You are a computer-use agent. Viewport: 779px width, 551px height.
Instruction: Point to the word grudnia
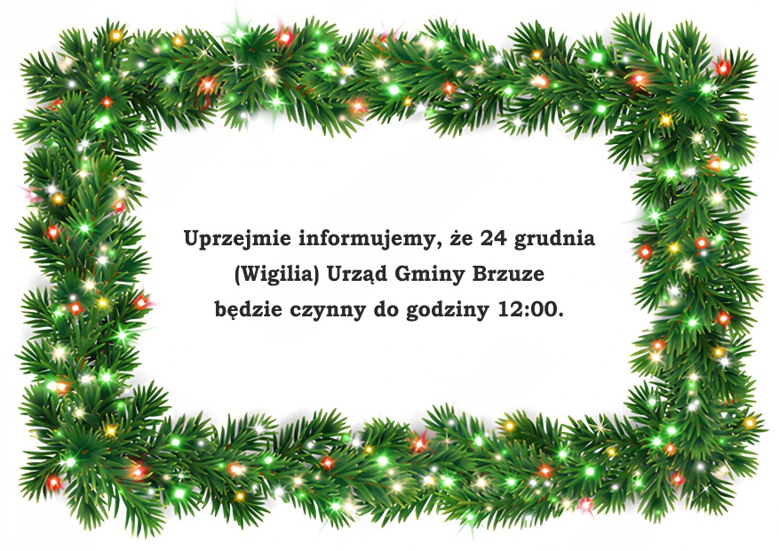(554, 239)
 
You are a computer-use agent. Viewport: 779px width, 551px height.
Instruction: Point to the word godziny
(448, 310)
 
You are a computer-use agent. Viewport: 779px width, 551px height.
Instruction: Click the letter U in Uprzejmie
(192, 238)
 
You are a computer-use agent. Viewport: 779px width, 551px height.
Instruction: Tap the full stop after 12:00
(560, 315)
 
